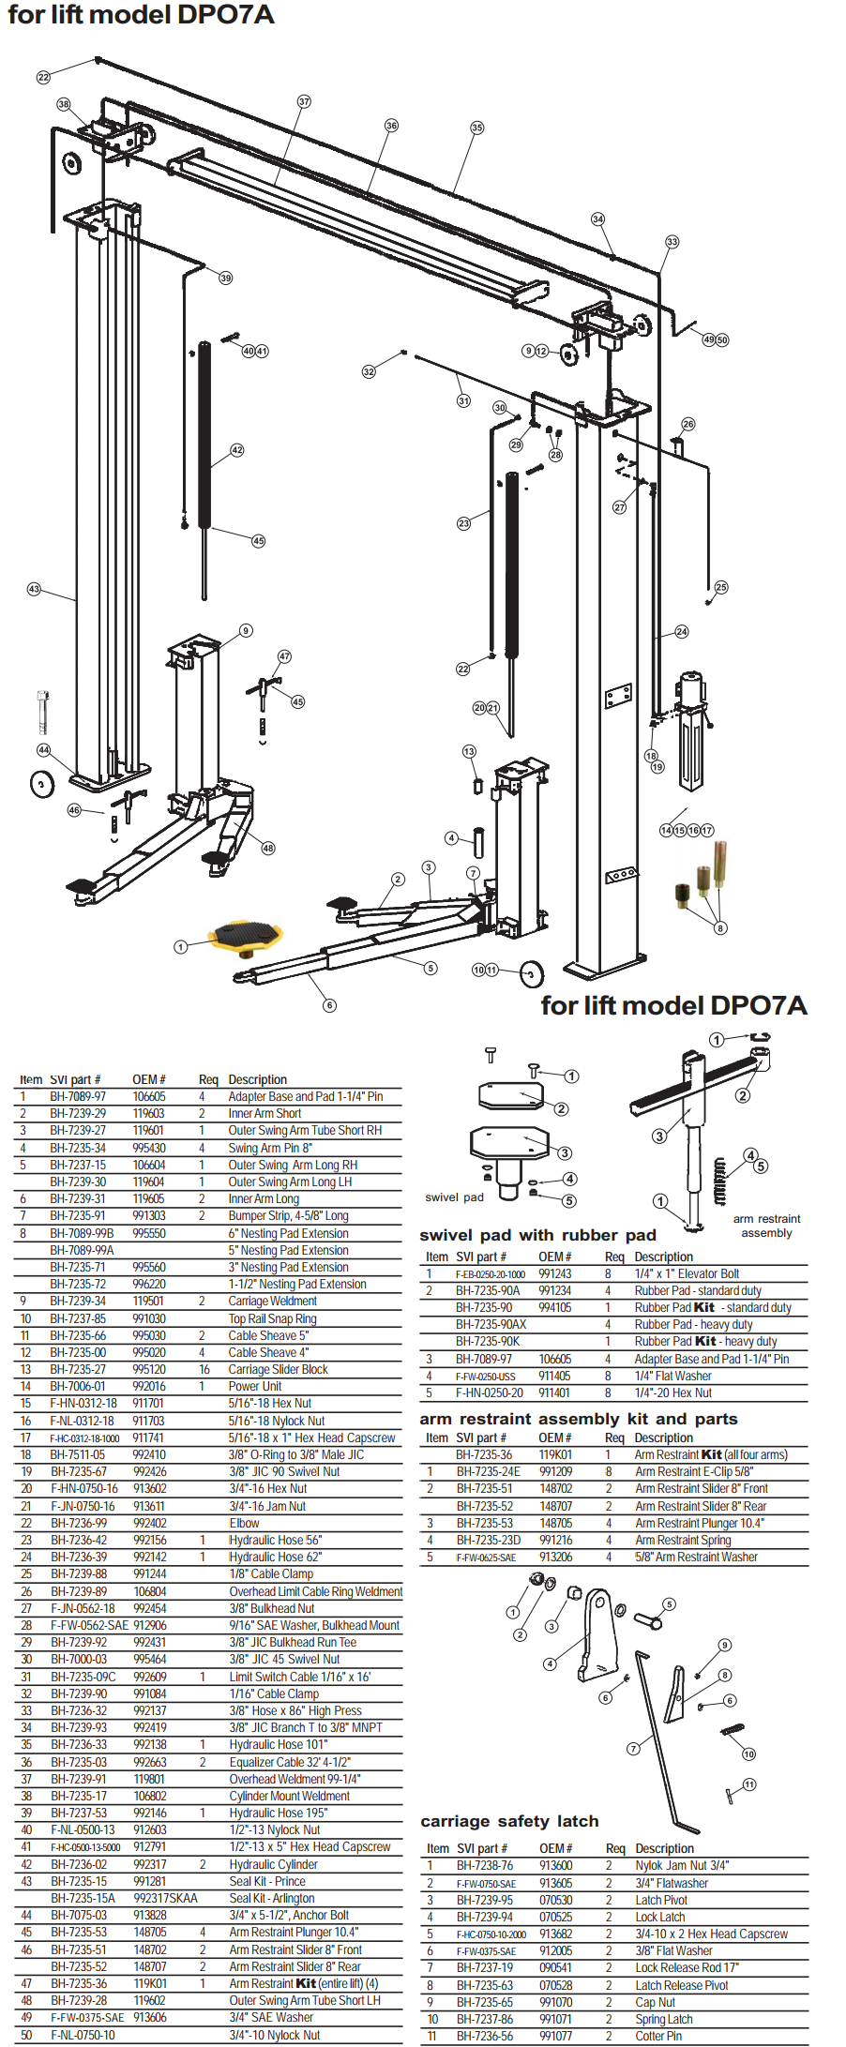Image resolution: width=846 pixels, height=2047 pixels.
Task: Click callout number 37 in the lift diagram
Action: [x=304, y=101]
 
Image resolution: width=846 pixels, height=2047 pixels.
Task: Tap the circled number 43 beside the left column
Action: [x=34, y=589]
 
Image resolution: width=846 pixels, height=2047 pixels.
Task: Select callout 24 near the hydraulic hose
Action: [x=682, y=632]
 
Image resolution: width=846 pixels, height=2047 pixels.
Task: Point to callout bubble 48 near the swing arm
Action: [x=268, y=848]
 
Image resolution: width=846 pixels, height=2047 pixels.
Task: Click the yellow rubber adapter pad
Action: [x=246, y=935]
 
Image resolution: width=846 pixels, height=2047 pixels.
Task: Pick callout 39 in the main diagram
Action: [x=225, y=278]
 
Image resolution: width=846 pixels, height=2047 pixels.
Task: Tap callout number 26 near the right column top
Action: [x=688, y=424]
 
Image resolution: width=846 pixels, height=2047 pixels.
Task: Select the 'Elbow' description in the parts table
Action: [x=244, y=1523]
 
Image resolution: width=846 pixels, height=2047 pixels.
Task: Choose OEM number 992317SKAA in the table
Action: [x=165, y=1898]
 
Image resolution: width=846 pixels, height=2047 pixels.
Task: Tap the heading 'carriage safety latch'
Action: [x=509, y=1821]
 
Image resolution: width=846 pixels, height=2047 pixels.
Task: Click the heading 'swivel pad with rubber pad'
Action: [x=537, y=1235]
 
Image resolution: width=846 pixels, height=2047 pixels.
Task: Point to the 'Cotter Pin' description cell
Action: [x=658, y=2036]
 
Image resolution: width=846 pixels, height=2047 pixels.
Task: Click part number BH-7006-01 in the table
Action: [x=78, y=1386]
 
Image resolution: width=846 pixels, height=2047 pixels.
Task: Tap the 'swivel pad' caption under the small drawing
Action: [x=454, y=1197]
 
